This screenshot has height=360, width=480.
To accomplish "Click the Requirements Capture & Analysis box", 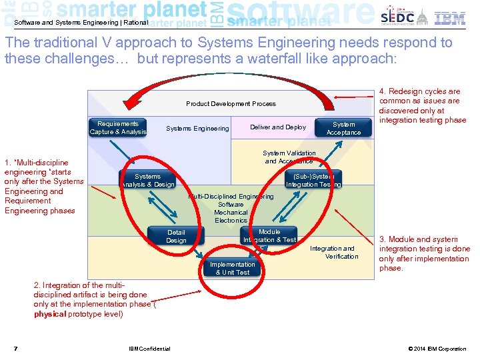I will [x=118, y=128].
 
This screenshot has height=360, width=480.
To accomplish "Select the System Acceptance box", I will [x=343, y=129].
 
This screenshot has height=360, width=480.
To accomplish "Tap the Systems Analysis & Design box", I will [x=147, y=181].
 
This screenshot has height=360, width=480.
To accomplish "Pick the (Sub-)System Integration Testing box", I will [x=313, y=180].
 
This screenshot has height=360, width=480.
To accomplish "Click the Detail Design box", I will [x=176, y=237].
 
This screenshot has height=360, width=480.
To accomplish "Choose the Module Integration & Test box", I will [x=269, y=236].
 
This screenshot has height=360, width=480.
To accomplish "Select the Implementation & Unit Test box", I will [x=233, y=268].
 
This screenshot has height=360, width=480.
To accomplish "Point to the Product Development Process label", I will [x=231, y=104].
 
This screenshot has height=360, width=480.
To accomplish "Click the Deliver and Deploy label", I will [x=278, y=127].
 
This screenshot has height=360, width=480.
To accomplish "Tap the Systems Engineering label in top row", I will [x=197, y=129].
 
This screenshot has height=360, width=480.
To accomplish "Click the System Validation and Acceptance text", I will [x=289, y=157].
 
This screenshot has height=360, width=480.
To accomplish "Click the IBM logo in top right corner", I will [x=450, y=18].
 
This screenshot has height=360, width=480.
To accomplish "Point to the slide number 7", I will [x=15, y=349].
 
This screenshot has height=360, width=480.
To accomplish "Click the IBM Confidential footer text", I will [x=149, y=349].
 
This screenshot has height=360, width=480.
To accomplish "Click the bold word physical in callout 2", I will [x=50, y=314].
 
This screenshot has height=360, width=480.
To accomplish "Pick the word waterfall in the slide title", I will [x=293, y=59].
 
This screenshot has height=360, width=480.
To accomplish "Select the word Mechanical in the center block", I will [x=231, y=213].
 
